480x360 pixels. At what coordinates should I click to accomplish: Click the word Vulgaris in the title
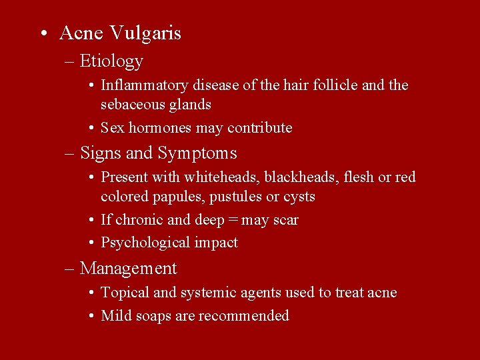point(145,33)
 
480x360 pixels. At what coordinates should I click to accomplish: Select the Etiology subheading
point(111,61)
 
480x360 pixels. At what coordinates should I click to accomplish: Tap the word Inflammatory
point(145,85)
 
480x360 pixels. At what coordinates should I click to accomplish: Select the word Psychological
point(146,243)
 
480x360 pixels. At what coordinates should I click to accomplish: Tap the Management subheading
point(128,269)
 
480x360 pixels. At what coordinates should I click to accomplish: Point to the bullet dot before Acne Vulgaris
point(43,34)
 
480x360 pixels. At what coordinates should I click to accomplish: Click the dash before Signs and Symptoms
point(71,154)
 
